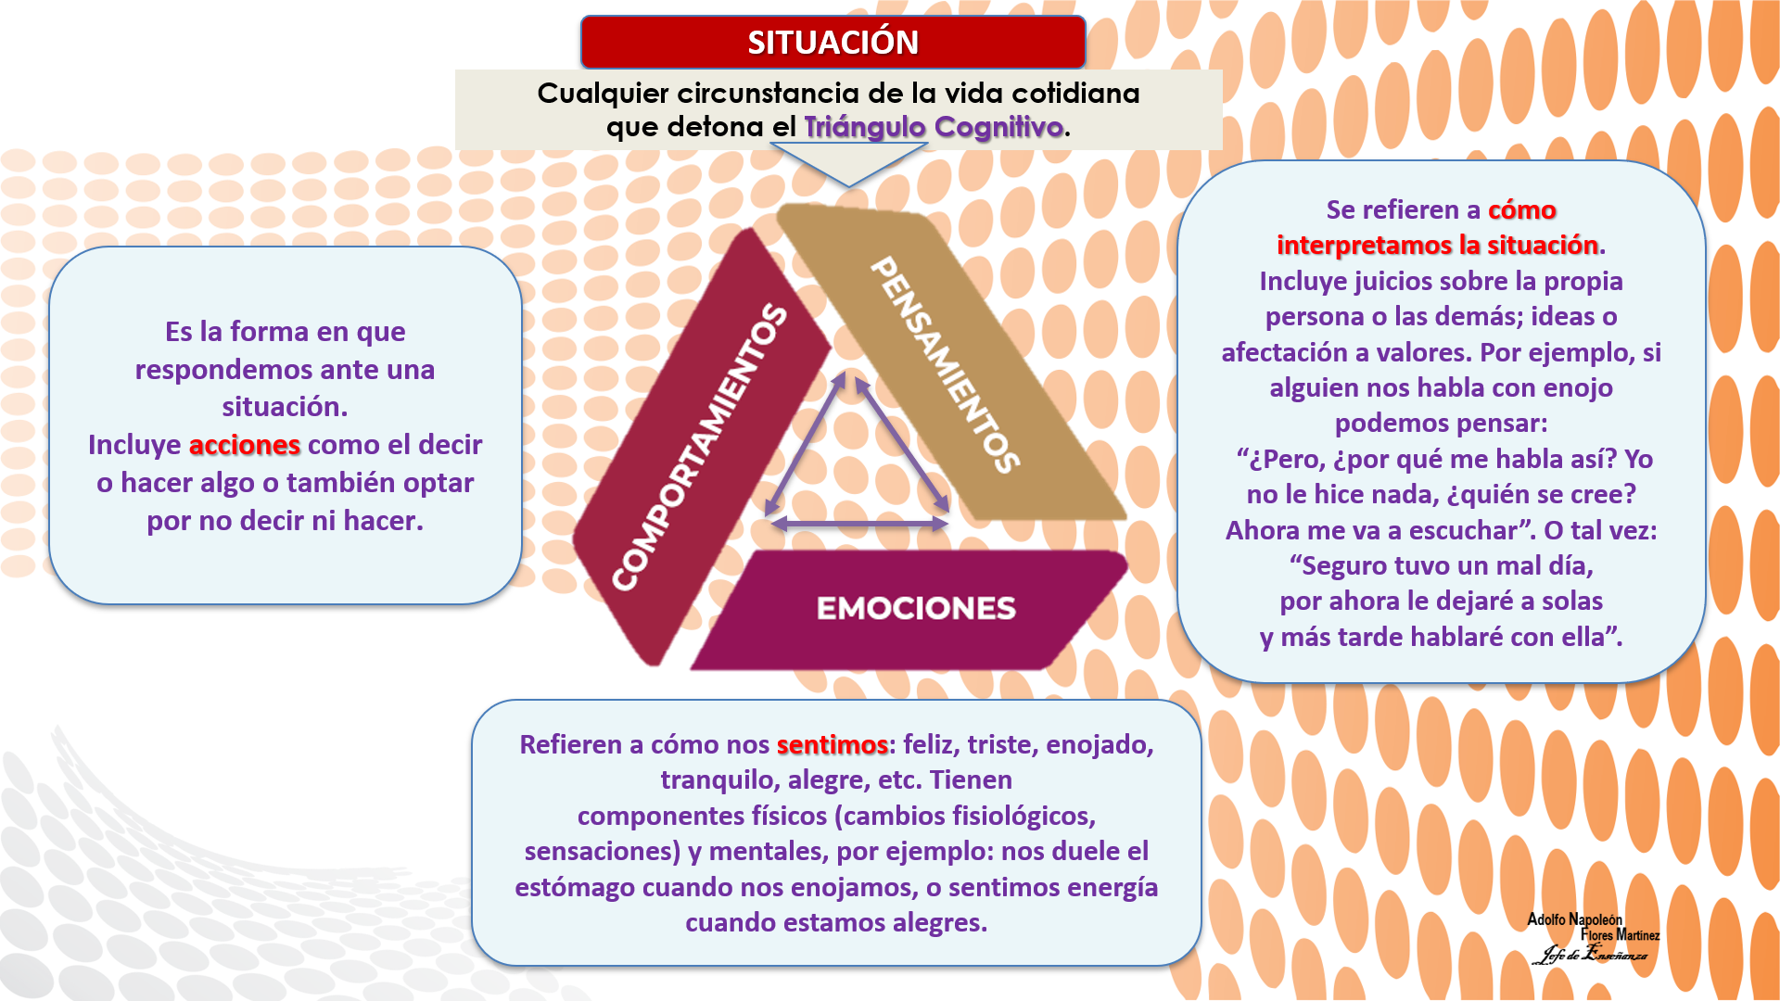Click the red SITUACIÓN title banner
[833, 43]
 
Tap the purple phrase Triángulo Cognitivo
[933, 127]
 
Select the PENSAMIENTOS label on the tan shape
[946, 364]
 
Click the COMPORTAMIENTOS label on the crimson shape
[699, 447]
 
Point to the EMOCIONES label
[916, 608]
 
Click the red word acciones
[245, 445]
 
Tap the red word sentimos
[832, 744]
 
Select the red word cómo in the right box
[1521, 209]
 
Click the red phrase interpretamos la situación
[1437, 245]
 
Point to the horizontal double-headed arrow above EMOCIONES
[859, 524]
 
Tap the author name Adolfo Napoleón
[1574, 919]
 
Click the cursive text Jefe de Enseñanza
[1593, 954]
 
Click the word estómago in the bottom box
[575, 887]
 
